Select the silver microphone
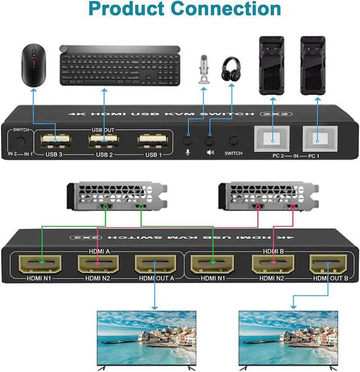203,70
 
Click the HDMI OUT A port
154,262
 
